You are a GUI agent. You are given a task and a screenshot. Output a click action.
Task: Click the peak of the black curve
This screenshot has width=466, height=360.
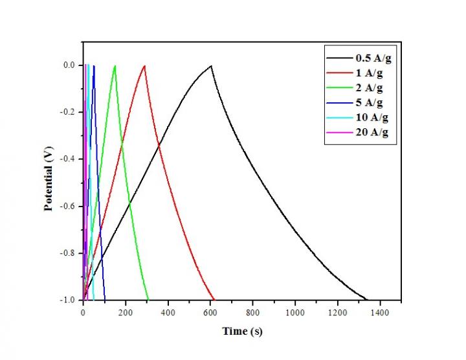(x=211, y=66)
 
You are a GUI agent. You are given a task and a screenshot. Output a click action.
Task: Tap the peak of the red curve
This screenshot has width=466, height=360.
(x=144, y=66)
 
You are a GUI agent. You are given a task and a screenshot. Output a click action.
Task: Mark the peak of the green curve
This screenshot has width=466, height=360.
(x=115, y=66)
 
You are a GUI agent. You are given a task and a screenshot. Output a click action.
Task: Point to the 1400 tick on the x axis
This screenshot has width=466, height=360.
(x=380, y=311)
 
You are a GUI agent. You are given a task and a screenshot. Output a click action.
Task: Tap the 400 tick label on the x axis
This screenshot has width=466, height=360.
(x=168, y=311)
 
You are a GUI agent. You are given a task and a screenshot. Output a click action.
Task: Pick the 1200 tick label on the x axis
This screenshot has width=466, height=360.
(x=337, y=311)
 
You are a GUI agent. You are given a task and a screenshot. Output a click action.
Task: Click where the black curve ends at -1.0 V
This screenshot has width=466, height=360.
(x=366, y=300)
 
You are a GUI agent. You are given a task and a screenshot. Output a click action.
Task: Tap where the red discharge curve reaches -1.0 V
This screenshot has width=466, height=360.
(x=214, y=300)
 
